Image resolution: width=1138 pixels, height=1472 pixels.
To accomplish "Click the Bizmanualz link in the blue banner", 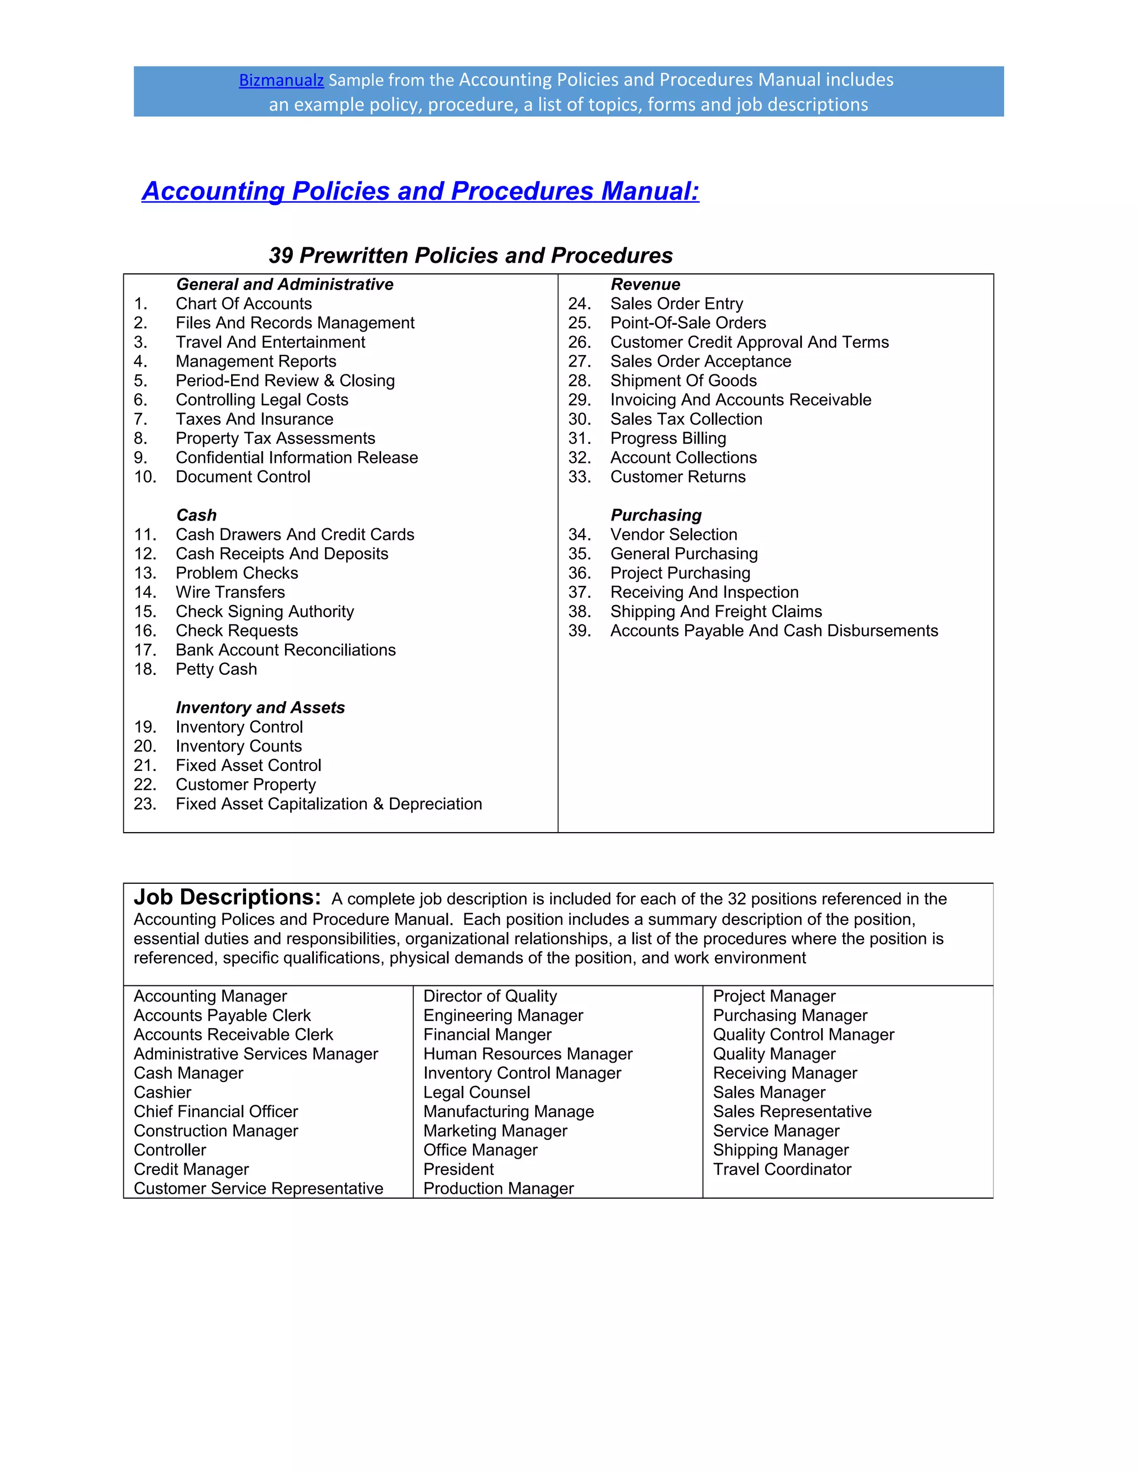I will pyautogui.click(x=281, y=80).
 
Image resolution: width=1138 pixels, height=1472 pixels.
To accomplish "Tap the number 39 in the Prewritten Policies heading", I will pyautogui.click(x=281, y=256).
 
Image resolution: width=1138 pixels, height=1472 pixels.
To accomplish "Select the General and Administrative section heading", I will pyautogui.click(x=284, y=284).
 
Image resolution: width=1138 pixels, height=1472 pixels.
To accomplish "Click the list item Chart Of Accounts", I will pyautogui.click(x=243, y=304).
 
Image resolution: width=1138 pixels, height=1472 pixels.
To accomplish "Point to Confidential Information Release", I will pyautogui.click(x=297, y=458).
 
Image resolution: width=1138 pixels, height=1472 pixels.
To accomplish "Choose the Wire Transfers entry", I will pyautogui.click(x=230, y=593).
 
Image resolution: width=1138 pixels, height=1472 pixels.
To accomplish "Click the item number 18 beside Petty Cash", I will pyautogui.click(x=145, y=669).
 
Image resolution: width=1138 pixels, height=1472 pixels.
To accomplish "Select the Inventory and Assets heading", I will pyautogui.click(x=260, y=708).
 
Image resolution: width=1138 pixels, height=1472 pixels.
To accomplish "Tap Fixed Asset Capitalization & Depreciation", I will pyautogui.click(x=328, y=804).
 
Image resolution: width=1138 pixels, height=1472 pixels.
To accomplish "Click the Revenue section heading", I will pyautogui.click(x=645, y=284).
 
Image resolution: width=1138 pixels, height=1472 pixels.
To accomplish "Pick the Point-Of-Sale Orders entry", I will pyautogui.click(x=688, y=323).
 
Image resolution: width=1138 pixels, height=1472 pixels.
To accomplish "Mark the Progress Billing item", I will pyautogui.click(x=667, y=439).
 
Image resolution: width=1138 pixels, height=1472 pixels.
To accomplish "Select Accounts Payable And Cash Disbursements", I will pyautogui.click(x=773, y=631).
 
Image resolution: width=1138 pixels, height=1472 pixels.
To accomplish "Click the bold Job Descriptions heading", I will pyautogui.click(x=227, y=897).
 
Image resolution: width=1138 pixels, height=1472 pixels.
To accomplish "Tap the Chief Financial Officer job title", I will pyautogui.click(x=216, y=1111).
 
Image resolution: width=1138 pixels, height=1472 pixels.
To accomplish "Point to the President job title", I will pyautogui.click(x=458, y=1169).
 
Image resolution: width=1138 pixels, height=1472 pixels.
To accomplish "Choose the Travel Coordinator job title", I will pyautogui.click(x=782, y=1169).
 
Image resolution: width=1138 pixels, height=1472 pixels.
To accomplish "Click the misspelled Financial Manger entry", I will pyautogui.click(x=487, y=1035).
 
